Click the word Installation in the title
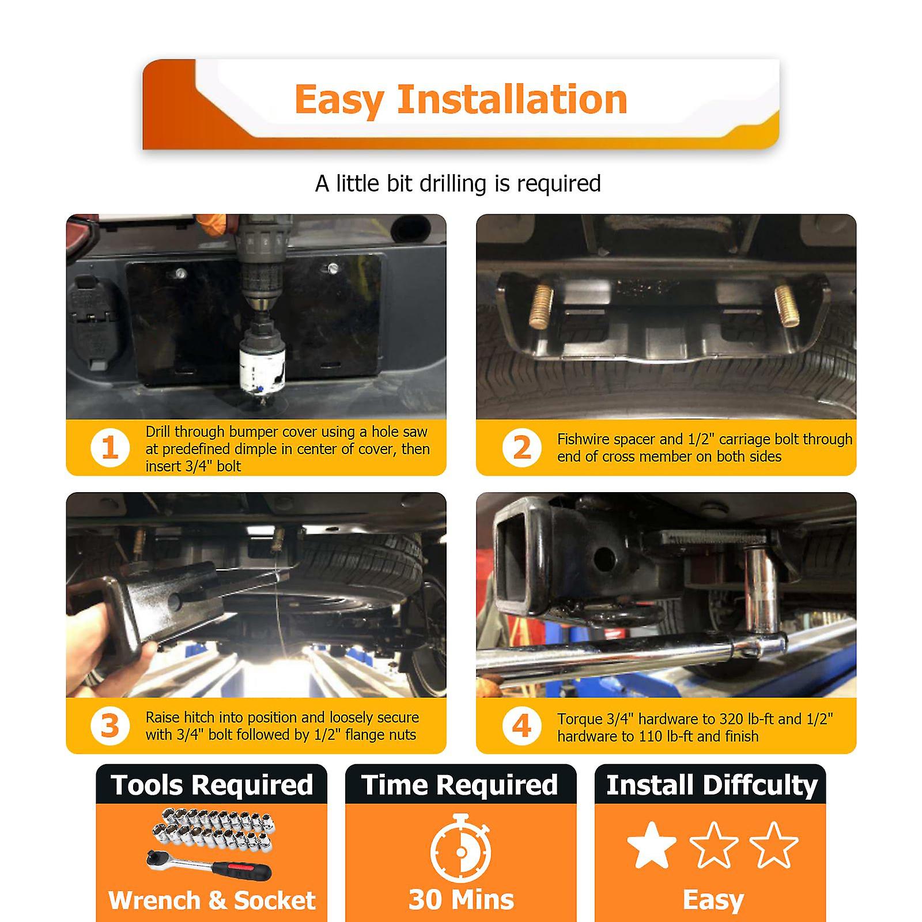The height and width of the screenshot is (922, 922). coord(512,100)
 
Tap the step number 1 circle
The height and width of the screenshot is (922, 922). coord(109,448)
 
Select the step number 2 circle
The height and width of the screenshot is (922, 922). coord(522,448)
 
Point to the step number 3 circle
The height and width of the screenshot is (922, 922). coord(109,726)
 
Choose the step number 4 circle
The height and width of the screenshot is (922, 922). coord(522,726)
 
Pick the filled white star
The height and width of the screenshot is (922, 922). coord(652,845)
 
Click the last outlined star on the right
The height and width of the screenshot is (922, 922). coord(773,845)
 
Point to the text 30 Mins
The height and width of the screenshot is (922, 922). coord(461,900)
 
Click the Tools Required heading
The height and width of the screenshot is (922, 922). coord(211,785)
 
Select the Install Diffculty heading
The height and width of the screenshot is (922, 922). coord(711,785)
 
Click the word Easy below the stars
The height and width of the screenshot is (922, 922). coord(713,901)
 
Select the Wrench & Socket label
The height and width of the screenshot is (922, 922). coord(211,900)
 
